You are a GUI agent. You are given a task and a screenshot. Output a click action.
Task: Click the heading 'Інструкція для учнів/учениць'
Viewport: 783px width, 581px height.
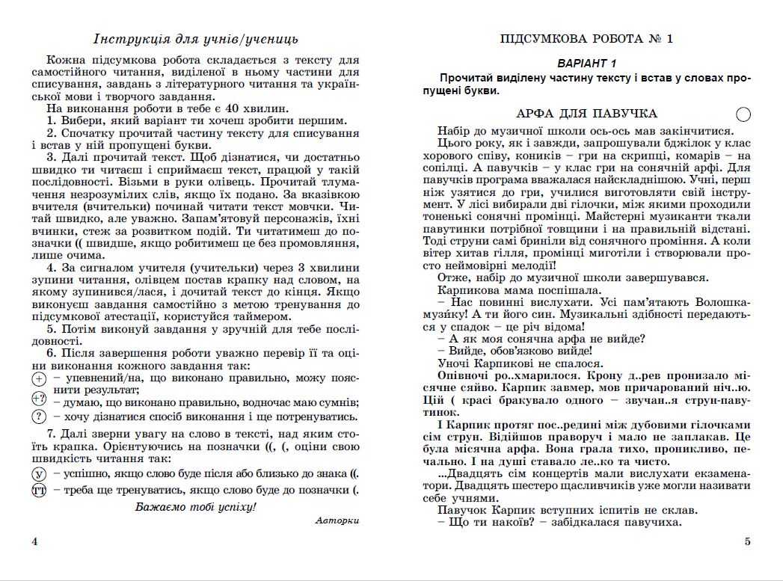tap(196, 39)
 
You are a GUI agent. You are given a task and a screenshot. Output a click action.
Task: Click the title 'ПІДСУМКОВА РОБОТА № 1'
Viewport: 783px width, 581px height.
tap(586, 39)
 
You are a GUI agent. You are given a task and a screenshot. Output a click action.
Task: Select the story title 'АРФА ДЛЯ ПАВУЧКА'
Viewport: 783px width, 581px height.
tap(586, 114)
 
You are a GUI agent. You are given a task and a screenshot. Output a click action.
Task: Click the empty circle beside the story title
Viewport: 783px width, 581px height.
tap(743, 114)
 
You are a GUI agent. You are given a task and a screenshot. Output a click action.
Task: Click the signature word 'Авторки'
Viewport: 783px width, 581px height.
tap(337, 520)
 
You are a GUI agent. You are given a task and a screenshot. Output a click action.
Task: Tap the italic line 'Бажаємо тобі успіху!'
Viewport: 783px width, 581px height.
tap(196, 506)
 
